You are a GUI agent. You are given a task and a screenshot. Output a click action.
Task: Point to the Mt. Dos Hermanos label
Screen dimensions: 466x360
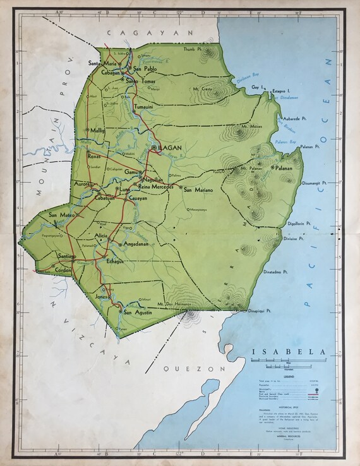pyautogui.click(x=174, y=304)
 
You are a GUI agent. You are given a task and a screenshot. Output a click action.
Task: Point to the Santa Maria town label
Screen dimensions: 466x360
pyautogui.click(x=103, y=63)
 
